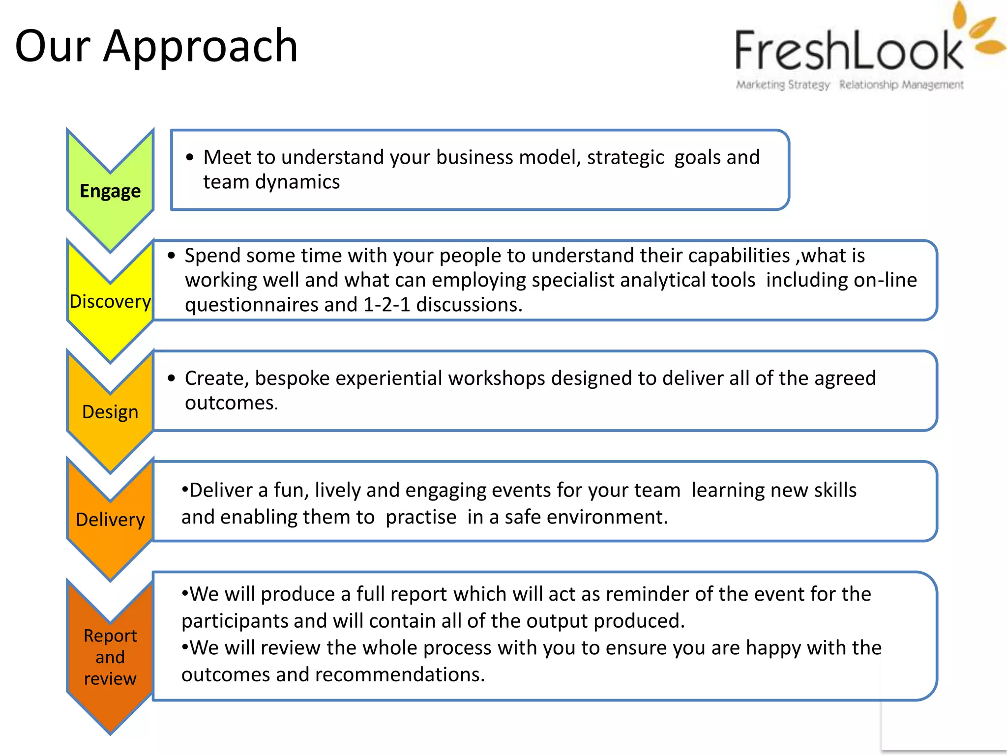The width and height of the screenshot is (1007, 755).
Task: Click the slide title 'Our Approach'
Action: (156, 47)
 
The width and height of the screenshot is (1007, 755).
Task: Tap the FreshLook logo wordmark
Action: (849, 51)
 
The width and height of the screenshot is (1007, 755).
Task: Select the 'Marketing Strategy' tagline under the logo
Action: (782, 85)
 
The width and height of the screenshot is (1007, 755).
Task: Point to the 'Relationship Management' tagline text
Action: (901, 85)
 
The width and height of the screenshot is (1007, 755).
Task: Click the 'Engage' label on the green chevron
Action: (110, 191)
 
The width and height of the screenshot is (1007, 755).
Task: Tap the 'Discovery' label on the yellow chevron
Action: (110, 301)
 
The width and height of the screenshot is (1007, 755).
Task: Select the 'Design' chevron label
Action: (110, 412)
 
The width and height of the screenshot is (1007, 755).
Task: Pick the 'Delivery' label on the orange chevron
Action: (110, 520)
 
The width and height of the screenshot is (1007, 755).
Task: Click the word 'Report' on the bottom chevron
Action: (110, 636)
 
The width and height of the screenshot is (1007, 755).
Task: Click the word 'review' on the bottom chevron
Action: (110, 679)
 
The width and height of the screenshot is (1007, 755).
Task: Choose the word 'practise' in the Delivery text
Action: (421, 517)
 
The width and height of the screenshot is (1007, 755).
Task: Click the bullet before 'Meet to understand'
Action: (190, 157)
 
